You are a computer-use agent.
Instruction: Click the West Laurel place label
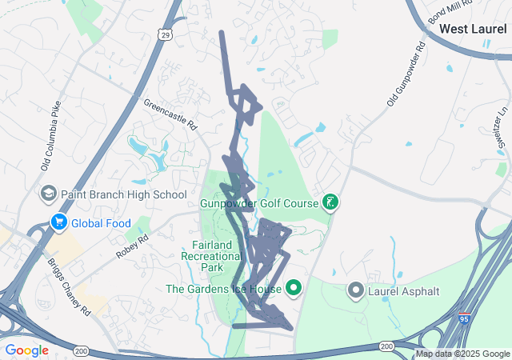click(472, 29)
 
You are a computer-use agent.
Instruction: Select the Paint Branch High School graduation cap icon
click(48, 194)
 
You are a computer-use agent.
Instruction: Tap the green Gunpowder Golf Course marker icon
click(329, 201)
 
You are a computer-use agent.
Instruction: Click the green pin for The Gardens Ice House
click(294, 288)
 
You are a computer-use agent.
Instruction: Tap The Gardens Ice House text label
click(223, 289)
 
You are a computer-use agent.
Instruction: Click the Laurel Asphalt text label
click(404, 290)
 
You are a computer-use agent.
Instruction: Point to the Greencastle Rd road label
click(170, 114)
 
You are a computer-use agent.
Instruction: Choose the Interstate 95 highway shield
click(464, 319)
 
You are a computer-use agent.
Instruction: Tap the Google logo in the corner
click(27, 350)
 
